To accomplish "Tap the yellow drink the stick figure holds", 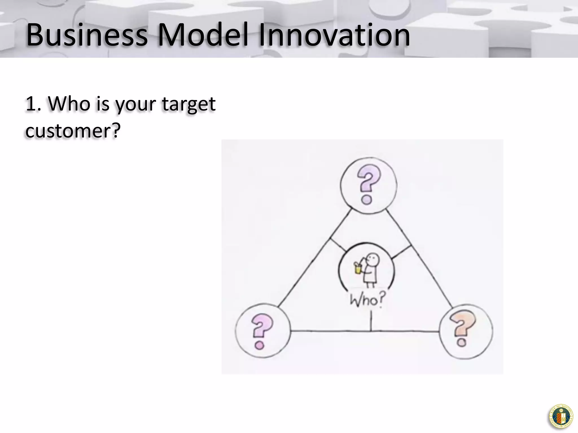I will pos(358,269).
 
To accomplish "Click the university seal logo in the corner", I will pos(561,417).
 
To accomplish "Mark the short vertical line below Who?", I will pos(371,321).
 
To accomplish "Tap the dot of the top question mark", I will pos(367,200).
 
